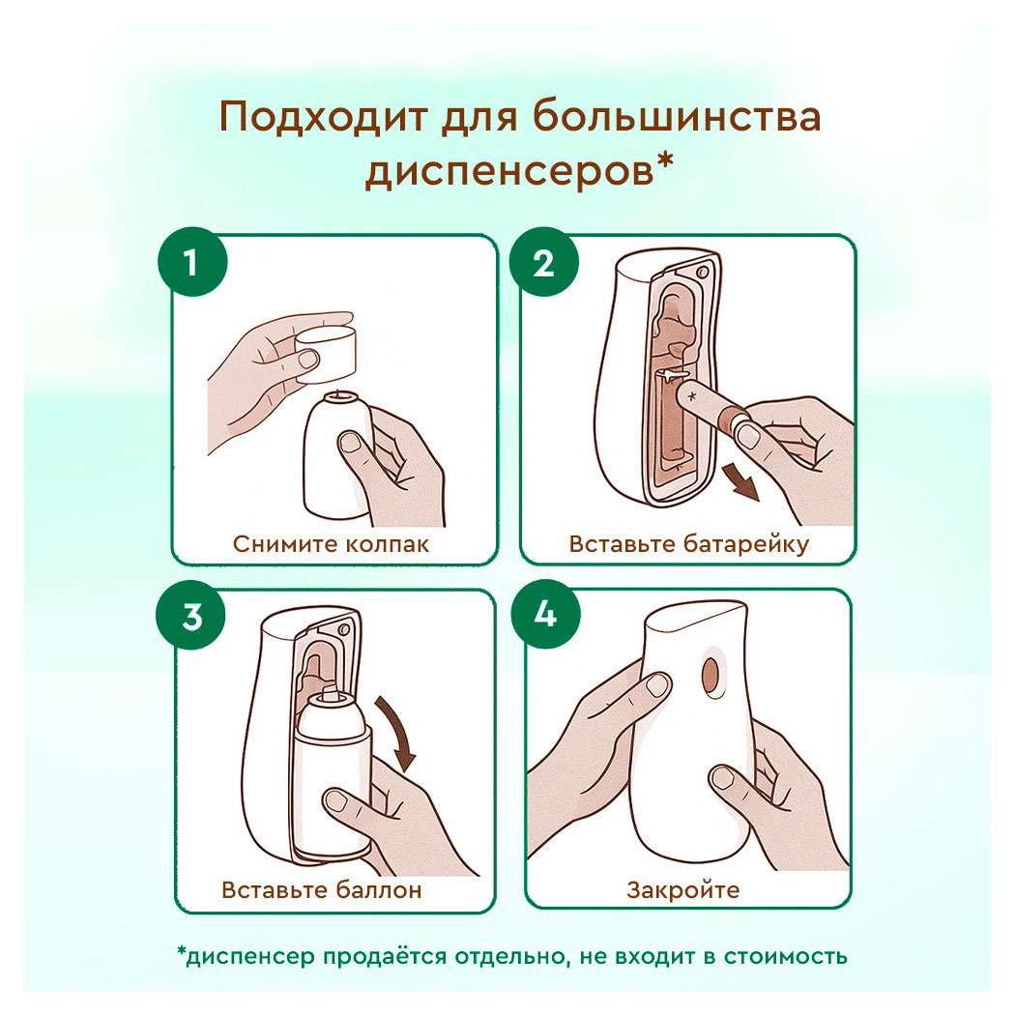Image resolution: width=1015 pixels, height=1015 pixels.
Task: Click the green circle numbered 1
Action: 191,263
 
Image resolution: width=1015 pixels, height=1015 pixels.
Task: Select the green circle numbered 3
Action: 191,617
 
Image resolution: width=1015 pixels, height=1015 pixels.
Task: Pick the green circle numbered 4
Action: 544,617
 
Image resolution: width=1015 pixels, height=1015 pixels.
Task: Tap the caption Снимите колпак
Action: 331,543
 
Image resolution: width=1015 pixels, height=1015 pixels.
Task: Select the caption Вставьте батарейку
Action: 688,543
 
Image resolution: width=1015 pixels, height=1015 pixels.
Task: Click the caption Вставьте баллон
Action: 322,889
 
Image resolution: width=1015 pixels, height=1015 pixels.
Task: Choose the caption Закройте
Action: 682,889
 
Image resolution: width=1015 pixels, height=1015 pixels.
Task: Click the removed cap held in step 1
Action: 327,350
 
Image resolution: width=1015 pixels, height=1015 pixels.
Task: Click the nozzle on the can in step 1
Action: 338,395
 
